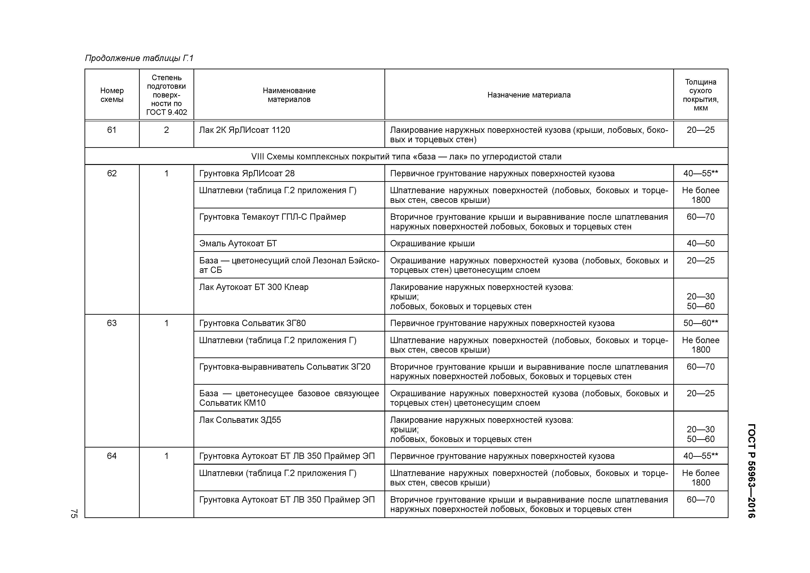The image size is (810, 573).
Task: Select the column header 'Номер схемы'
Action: pyautogui.click(x=112, y=95)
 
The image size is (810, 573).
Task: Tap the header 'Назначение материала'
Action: pyautogui.click(x=529, y=95)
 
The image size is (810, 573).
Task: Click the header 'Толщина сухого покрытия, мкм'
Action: pyautogui.click(x=700, y=95)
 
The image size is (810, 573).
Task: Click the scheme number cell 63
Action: pyautogui.click(x=112, y=323)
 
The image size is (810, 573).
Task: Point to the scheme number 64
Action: pyautogui.click(x=112, y=456)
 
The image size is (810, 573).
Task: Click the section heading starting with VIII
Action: pyautogui.click(x=406, y=156)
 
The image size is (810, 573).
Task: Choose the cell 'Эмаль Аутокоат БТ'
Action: pyautogui.click(x=238, y=244)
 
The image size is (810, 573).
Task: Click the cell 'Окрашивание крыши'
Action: pyautogui.click(x=432, y=244)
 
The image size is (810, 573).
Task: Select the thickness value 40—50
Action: pyautogui.click(x=700, y=244)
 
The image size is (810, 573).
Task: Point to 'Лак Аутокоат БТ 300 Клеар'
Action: pyautogui.click(x=254, y=287)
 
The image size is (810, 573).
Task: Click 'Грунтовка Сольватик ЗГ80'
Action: pyautogui.click(x=252, y=323)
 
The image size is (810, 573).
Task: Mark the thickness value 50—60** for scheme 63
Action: pyautogui.click(x=700, y=323)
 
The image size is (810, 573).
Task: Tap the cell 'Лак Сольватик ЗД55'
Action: pyautogui.click(x=240, y=420)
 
